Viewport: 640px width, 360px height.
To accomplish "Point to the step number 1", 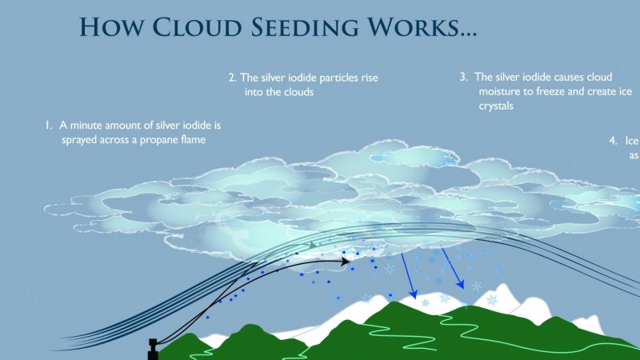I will click(x=48, y=126).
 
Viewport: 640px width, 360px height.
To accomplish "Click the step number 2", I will click(x=231, y=78).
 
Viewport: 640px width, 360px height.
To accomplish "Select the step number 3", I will click(x=462, y=78).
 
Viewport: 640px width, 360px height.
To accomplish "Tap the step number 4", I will click(x=613, y=141).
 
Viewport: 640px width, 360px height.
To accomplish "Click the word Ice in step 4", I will click(x=631, y=141).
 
